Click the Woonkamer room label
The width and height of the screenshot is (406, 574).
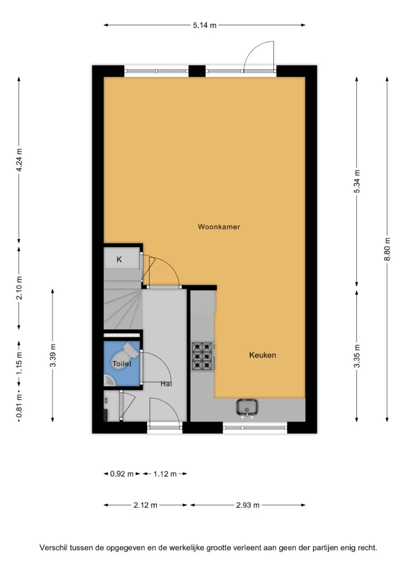[219, 227]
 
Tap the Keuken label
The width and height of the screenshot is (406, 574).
[262, 355]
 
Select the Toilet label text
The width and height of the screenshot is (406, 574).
[122, 364]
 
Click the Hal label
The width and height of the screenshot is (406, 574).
[166, 384]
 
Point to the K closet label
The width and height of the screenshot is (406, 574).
[119, 260]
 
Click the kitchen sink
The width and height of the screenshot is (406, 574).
[247, 407]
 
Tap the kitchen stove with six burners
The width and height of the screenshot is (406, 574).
[202, 356]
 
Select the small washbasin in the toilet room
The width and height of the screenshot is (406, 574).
[109, 381]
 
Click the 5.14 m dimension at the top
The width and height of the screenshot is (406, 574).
[205, 25]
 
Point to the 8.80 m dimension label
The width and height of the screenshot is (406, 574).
[387, 249]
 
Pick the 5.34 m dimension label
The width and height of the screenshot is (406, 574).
[357, 182]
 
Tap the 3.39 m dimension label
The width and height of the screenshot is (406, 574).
[53, 356]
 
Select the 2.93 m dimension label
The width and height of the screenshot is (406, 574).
[248, 505]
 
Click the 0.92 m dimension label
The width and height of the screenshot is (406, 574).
[122, 474]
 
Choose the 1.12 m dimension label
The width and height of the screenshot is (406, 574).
[165, 474]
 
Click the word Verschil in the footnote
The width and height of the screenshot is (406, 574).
[53, 548]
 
